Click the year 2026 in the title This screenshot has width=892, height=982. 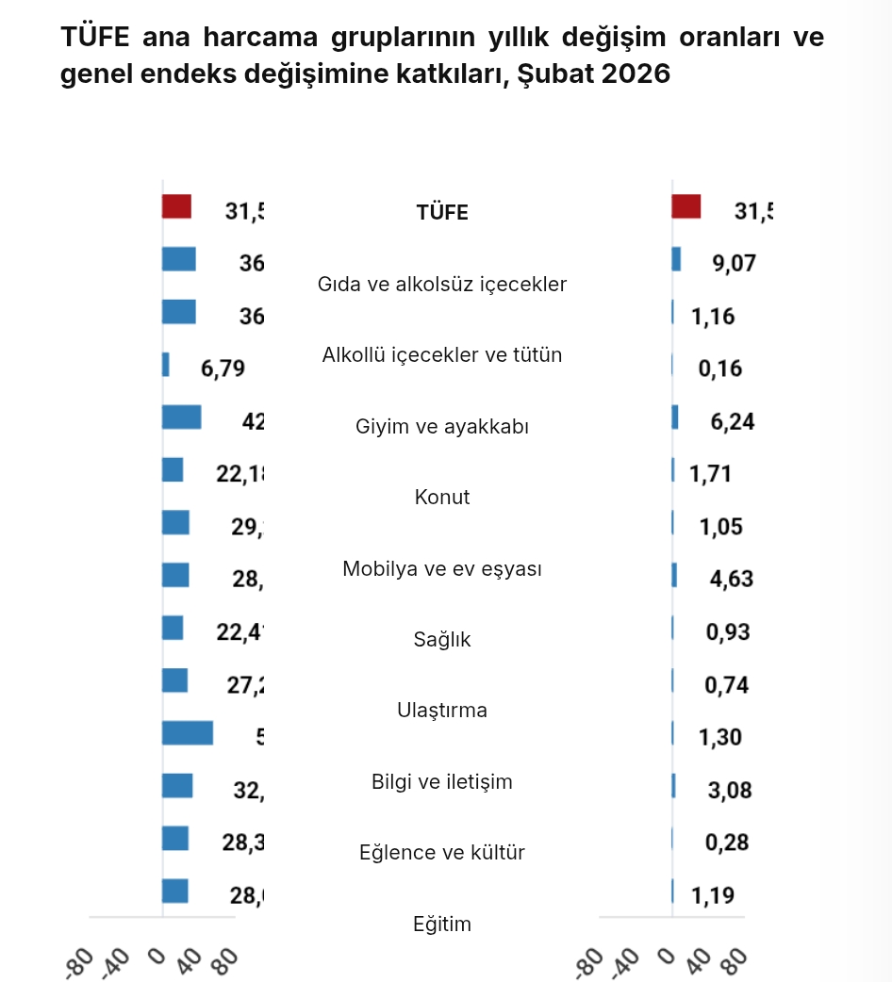tap(632, 74)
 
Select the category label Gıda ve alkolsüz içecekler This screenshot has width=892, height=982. tap(442, 284)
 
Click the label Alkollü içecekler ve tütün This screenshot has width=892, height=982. tap(442, 355)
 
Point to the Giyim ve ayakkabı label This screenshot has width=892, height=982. tap(442, 427)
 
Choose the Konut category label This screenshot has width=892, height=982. tap(442, 498)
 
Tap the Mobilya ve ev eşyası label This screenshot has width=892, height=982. tap(442, 569)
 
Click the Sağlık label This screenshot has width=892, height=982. tap(442, 640)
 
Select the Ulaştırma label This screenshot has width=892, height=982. tap(442, 711)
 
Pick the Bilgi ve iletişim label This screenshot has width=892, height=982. tap(442, 782)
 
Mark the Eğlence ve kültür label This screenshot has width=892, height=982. tap(442, 853)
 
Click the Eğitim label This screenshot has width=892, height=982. tap(442, 925)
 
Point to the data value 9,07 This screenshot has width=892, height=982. tap(733, 263)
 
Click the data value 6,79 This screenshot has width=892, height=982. tap(223, 368)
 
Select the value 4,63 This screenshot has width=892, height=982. tap(732, 579)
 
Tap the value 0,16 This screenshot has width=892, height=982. tap(720, 368)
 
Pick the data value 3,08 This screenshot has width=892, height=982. tap(730, 790)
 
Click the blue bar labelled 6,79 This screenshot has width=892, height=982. tap(166, 365)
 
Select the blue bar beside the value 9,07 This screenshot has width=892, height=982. tap(676, 259)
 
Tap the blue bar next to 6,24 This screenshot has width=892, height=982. tap(675, 417)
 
